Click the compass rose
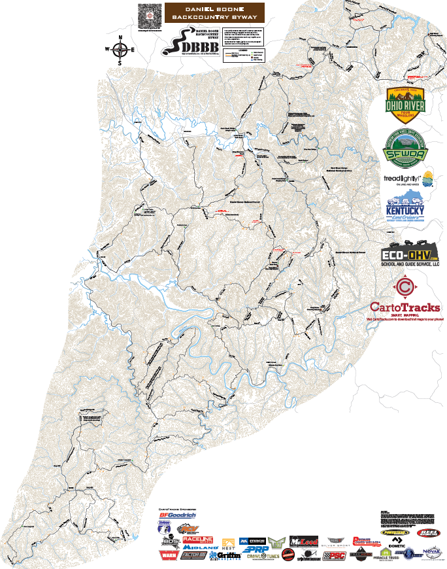pyautogui.click(x=120, y=49)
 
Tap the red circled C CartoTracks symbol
pyautogui.click(x=405, y=286)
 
